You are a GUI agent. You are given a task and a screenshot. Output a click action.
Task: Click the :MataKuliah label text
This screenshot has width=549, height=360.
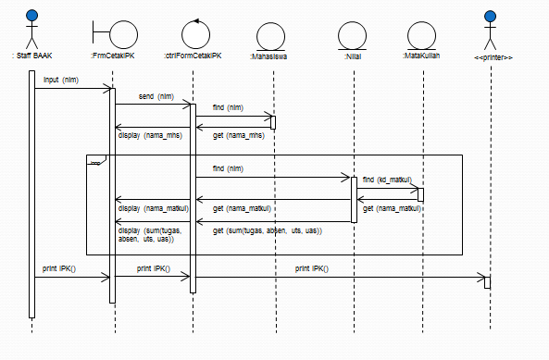[421, 56]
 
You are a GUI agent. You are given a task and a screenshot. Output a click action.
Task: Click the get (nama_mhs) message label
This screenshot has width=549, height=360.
[239, 136]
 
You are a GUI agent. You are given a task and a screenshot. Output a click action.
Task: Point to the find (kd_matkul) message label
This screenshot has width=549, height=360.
[387, 179]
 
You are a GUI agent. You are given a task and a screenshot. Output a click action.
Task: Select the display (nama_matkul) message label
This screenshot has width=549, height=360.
[154, 208]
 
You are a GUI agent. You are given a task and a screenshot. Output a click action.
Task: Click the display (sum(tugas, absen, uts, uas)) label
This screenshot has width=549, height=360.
[146, 234]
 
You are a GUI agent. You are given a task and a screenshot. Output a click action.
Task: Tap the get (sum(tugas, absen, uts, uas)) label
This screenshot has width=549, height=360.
[267, 230]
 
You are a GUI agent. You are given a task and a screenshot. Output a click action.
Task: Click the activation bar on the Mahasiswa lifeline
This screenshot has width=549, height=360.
[273, 122]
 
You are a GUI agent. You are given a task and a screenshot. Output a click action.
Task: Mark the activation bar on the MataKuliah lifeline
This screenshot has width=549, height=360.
[420, 194]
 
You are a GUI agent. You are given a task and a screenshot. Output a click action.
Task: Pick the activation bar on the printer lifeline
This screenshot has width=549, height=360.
[487, 281]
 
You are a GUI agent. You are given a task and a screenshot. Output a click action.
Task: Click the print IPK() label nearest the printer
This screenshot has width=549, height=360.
[311, 268]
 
